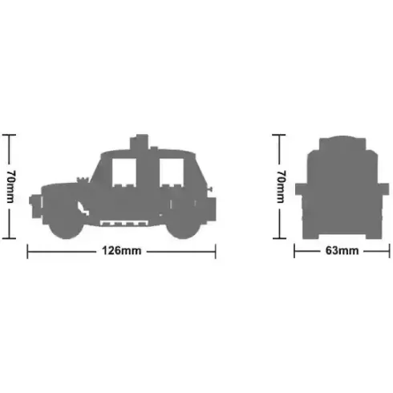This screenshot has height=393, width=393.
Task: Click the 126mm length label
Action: pos(122,251)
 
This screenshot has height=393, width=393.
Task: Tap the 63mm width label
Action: pos(342,251)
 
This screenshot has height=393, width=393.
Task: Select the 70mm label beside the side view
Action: pos(11,187)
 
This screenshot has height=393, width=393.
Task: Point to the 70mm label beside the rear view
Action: pos(281,187)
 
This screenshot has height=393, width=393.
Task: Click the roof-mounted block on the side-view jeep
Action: pos(139,143)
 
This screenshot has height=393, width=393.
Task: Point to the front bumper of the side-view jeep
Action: pos(35,206)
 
